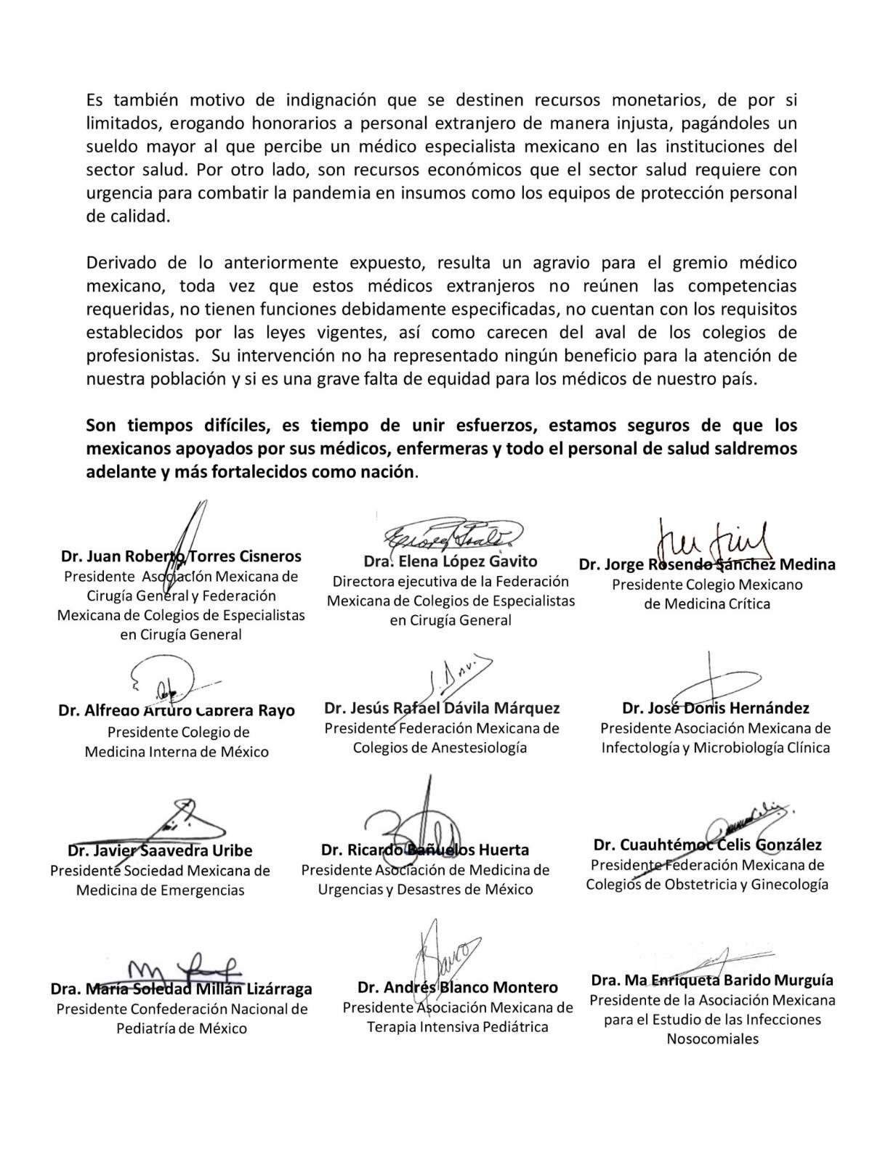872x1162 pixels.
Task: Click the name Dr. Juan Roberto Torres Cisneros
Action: (181, 557)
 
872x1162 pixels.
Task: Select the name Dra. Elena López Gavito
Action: (451, 561)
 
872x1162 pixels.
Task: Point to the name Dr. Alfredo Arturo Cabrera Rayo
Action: (177, 710)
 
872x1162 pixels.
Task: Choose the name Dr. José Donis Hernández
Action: (716, 708)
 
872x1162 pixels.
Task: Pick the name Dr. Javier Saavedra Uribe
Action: (160, 850)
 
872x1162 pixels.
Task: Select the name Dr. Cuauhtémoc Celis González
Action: (708, 845)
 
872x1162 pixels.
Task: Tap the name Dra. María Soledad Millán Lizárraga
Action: (181, 989)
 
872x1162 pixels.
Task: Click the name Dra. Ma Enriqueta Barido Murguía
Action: (712, 980)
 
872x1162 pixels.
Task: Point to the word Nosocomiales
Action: (712, 1039)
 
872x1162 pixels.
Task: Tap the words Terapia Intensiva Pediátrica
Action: (457, 1027)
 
